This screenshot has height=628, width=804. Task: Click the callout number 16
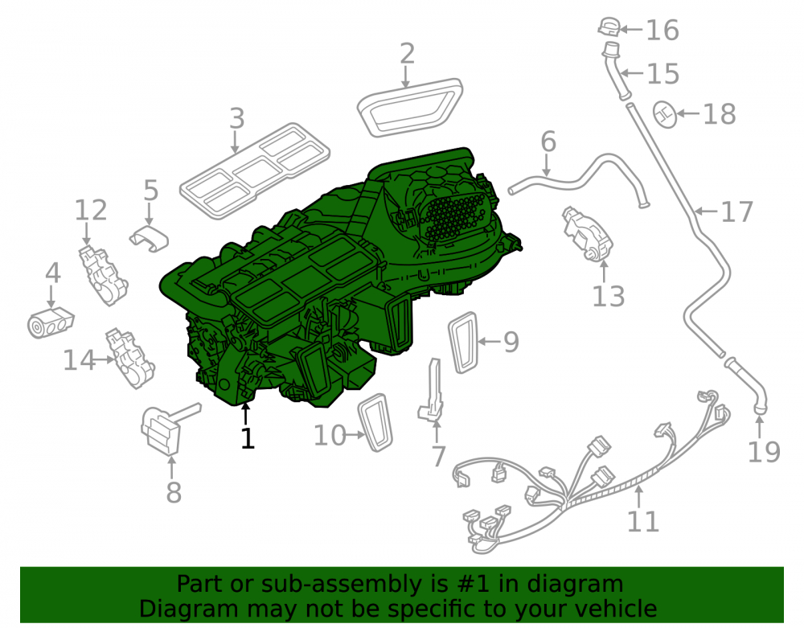(x=662, y=30)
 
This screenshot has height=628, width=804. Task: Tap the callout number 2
(x=407, y=54)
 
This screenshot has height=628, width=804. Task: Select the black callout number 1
(x=248, y=438)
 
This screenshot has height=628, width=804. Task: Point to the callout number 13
(x=608, y=297)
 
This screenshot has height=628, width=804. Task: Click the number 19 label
(x=764, y=452)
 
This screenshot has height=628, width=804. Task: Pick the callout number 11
(x=643, y=521)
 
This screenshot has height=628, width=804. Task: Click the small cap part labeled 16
(x=609, y=27)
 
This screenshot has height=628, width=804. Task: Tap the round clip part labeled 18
(x=665, y=114)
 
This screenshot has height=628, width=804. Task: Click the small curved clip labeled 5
(x=149, y=237)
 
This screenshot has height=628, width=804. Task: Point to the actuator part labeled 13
(x=588, y=234)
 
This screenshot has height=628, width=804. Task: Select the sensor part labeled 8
(x=163, y=429)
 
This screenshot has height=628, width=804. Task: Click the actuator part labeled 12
(x=103, y=275)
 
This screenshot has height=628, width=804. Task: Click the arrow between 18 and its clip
(x=688, y=113)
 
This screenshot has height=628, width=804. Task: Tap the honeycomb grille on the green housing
(x=453, y=217)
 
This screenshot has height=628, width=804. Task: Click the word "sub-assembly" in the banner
(x=340, y=584)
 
